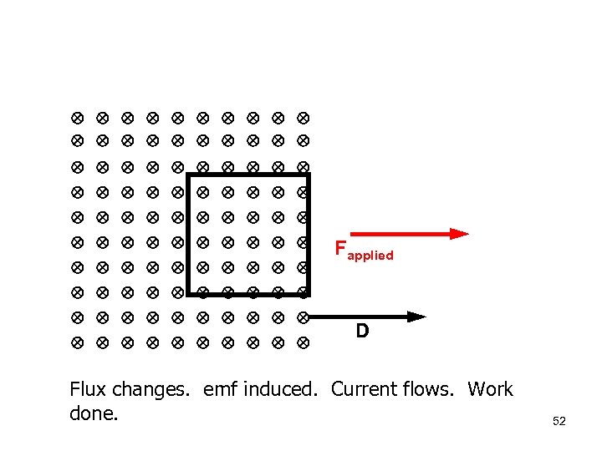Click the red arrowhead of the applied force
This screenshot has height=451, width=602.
click(459, 234)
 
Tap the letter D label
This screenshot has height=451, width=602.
click(362, 332)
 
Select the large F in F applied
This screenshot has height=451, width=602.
click(340, 248)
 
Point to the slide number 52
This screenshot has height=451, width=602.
click(559, 421)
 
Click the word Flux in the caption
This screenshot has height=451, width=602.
click(87, 389)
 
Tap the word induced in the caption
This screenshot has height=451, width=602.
click(283, 389)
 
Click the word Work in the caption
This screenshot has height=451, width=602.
click(490, 389)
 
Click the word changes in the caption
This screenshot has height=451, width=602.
click(154, 389)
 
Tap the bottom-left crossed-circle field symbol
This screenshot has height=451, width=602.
click(75, 342)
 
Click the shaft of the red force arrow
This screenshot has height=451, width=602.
click(393, 234)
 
